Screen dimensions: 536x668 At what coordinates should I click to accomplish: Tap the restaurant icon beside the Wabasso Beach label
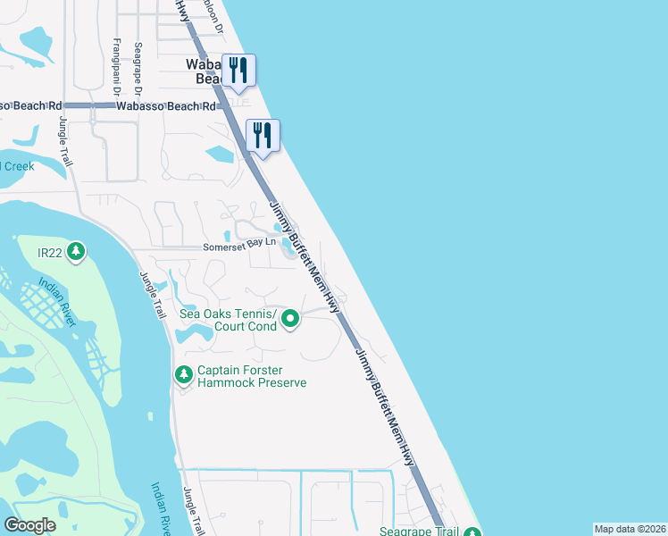coord(238,69)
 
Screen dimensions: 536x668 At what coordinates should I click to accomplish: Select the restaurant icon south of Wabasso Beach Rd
coord(263,135)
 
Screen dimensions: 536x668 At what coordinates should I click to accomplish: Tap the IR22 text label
coord(52,253)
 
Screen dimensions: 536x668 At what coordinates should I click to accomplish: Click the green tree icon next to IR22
coord(77,253)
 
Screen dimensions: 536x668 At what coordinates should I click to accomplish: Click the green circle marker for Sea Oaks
coord(290,318)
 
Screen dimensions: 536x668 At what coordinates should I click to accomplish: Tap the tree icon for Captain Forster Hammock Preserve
coord(183,373)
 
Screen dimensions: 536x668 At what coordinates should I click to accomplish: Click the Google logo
coord(30,525)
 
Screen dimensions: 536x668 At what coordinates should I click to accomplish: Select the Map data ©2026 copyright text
coord(630,529)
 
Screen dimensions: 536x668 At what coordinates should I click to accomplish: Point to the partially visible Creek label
coord(18,166)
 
